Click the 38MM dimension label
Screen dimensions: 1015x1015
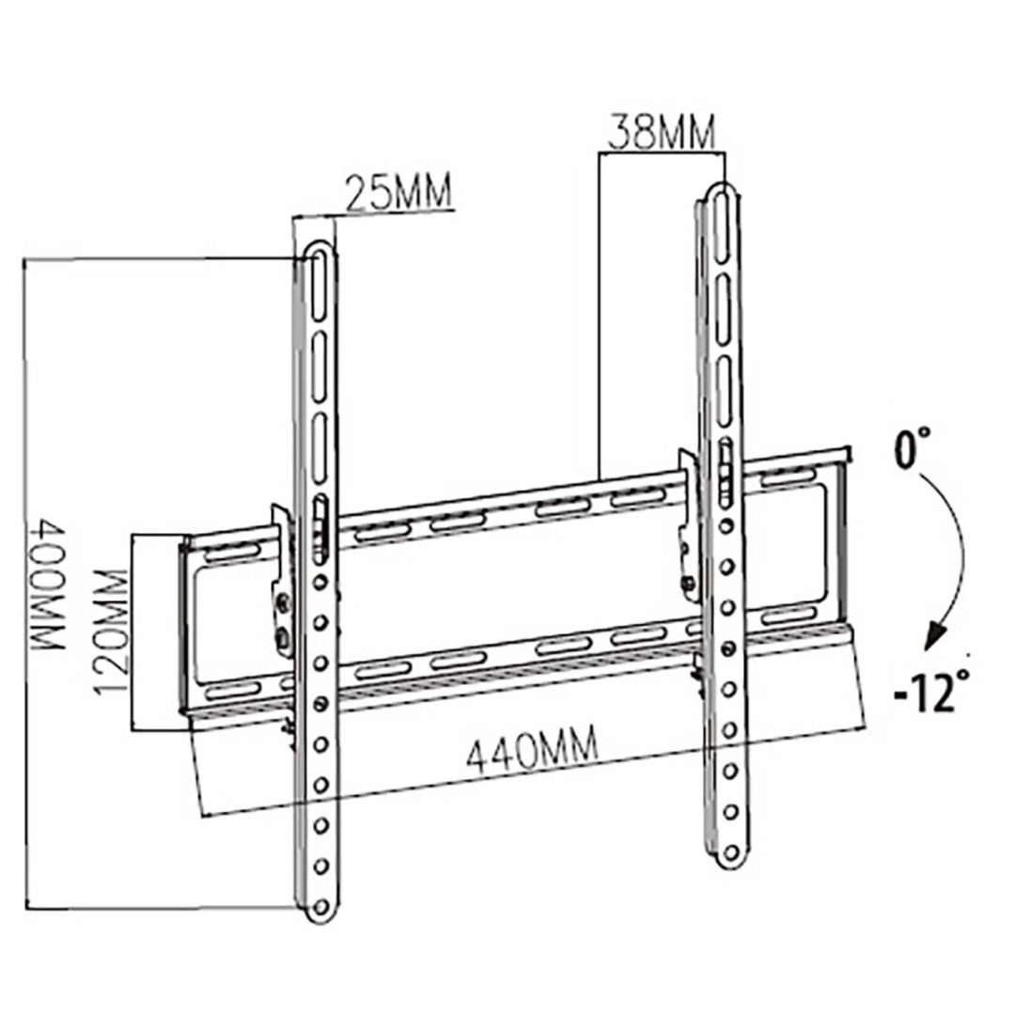[x=661, y=132]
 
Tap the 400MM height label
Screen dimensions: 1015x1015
[x=47, y=585]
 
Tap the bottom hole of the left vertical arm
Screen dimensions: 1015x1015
[x=321, y=907]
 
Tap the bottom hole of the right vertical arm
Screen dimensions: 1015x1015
[x=728, y=853]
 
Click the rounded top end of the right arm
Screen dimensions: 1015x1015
[x=721, y=191]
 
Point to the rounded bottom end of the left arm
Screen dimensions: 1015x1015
[x=321, y=916]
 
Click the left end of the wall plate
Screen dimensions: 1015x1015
[x=186, y=625]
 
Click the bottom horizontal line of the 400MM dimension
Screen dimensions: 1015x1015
[x=160, y=907]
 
